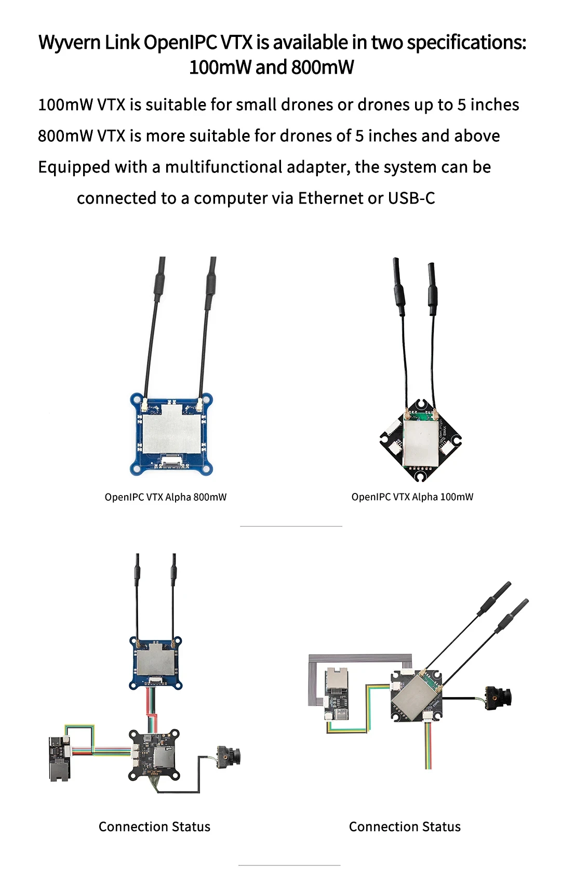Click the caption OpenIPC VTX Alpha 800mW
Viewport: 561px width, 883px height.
pyautogui.click(x=166, y=497)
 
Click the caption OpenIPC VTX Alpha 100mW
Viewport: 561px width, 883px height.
pyautogui.click(x=412, y=497)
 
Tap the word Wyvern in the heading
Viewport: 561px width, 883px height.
pyautogui.click(x=70, y=43)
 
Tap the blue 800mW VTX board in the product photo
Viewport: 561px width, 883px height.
pyautogui.click(x=171, y=434)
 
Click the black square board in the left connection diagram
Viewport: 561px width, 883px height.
pyautogui.click(x=155, y=755)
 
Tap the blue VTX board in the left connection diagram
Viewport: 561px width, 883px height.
pyautogui.click(x=156, y=662)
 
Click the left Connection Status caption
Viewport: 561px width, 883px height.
pyautogui.click(x=154, y=826)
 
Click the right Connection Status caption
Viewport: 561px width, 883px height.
pyautogui.click(x=405, y=826)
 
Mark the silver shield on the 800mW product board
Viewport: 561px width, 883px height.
pyautogui.click(x=171, y=428)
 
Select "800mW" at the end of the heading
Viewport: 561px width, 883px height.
pyautogui.click(x=323, y=68)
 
